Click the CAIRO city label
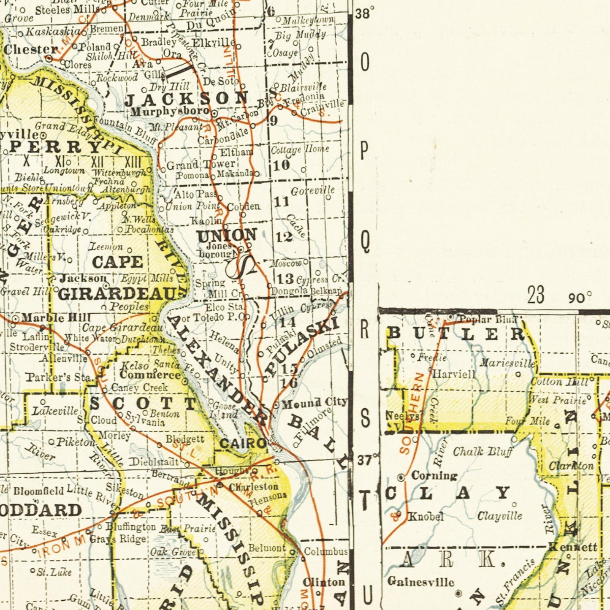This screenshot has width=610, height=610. click(x=243, y=443)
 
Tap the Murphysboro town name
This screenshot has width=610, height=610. click(x=170, y=112)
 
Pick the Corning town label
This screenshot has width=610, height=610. click(x=434, y=476)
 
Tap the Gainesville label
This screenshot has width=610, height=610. click(x=420, y=582)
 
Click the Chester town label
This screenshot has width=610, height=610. click(x=30, y=49)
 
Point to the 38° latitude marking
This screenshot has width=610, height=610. click(x=364, y=13)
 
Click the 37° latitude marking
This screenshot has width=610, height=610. click(x=366, y=460)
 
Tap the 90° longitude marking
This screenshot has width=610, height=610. click(x=580, y=298)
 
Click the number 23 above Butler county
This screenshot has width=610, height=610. click(x=536, y=295)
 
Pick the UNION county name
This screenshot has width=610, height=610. click(x=227, y=235)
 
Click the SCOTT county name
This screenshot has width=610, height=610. click(x=144, y=404)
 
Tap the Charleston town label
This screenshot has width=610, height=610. click(x=253, y=487)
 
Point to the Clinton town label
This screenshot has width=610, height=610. click(x=324, y=583)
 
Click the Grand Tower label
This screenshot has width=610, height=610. click(x=201, y=164)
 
